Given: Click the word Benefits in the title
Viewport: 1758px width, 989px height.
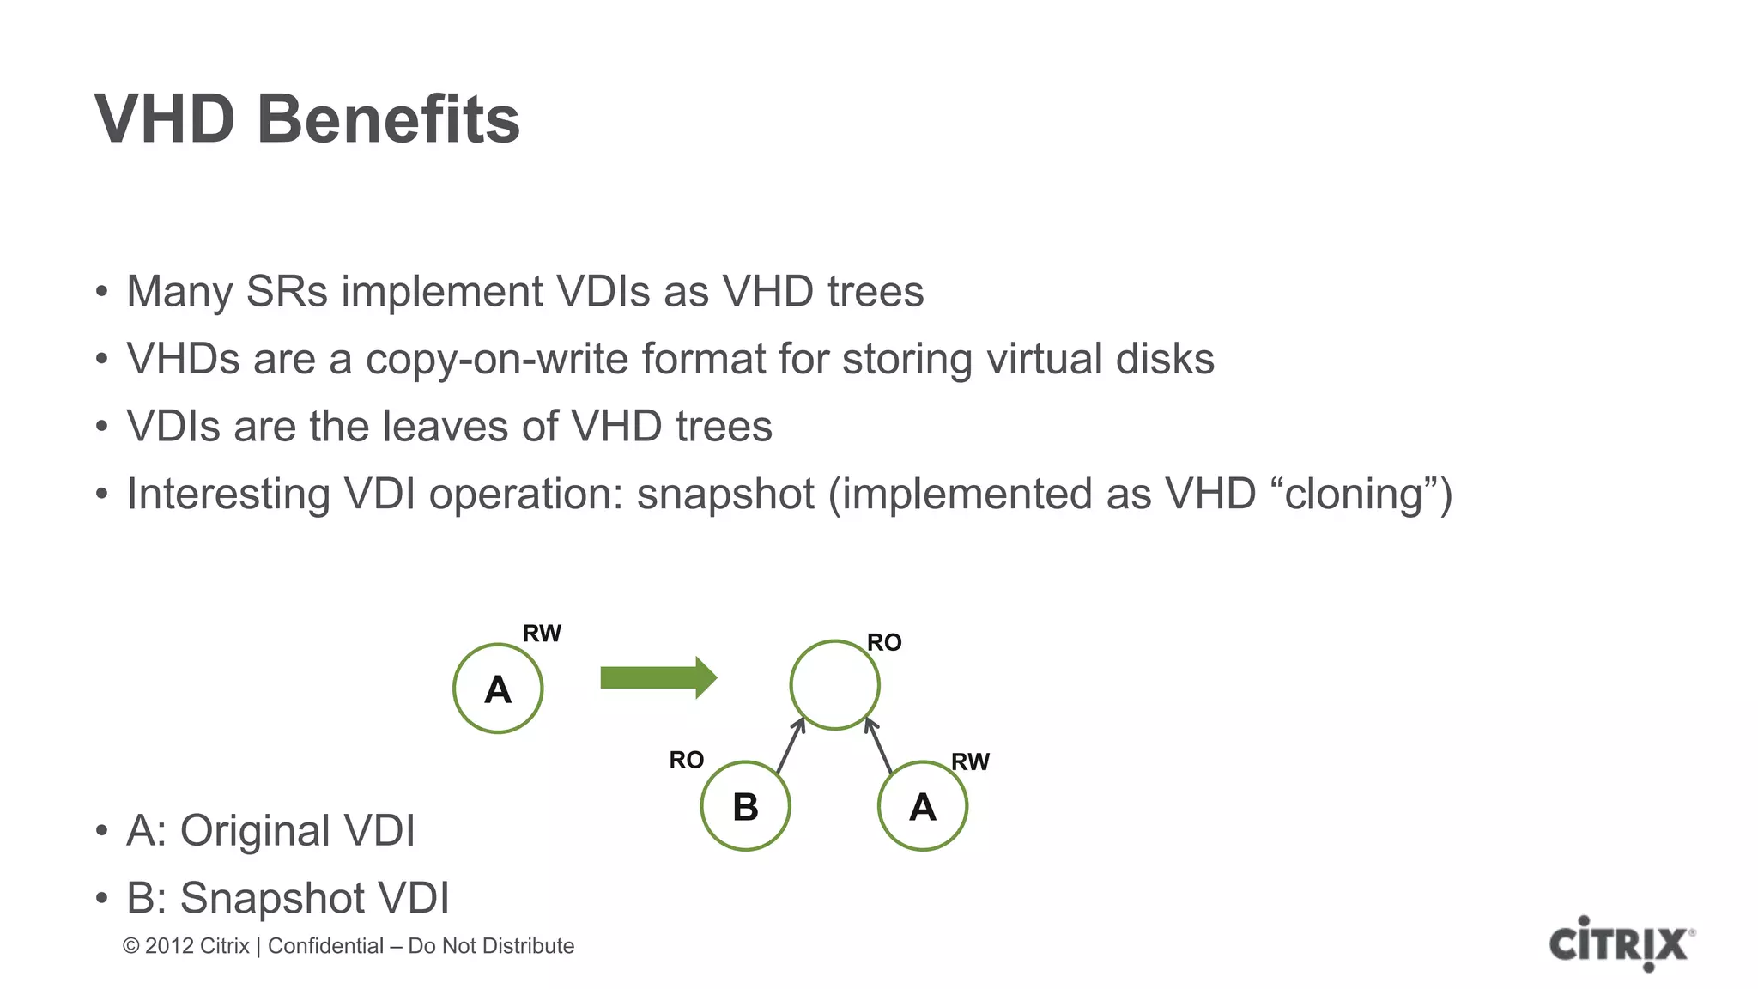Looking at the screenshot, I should (x=388, y=119).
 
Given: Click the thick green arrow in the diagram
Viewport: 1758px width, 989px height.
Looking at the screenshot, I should (x=658, y=678).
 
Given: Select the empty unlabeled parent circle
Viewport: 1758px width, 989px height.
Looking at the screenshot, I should (x=834, y=685).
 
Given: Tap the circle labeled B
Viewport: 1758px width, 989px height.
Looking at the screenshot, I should (x=745, y=806).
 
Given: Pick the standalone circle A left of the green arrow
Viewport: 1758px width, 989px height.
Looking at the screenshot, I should (x=498, y=689).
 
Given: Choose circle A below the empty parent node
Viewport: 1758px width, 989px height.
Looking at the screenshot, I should (x=923, y=806).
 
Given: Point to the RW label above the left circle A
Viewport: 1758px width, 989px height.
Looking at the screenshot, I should (x=542, y=634).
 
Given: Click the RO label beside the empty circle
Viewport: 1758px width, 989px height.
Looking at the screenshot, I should (x=884, y=642).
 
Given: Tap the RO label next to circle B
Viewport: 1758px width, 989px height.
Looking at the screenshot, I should (x=686, y=760).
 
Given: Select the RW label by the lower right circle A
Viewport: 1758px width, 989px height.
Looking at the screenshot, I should (x=970, y=761).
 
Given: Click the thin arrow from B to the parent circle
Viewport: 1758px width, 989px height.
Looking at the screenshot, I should (x=791, y=746).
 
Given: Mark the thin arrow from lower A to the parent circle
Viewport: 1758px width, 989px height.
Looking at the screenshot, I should (x=879, y=746).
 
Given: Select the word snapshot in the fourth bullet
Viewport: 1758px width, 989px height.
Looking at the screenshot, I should (x=725, y=494).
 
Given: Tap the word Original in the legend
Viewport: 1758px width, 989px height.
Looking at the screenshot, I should (x=255, y=830).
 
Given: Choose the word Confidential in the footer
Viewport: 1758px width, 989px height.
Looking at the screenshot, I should (x=325, y=946).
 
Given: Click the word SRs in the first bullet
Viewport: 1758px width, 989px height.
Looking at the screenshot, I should (x=287, y=291).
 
